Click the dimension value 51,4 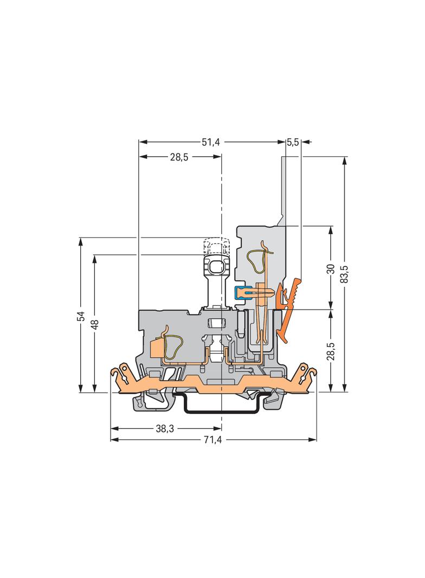point(211,142)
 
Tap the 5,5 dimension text point(293,142)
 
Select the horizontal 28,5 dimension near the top point(179,157)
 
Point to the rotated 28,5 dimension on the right point(331,351)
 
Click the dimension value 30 point(331,269)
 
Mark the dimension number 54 point(81,316)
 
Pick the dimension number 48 point(95,324)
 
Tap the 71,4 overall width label point(212,440)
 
